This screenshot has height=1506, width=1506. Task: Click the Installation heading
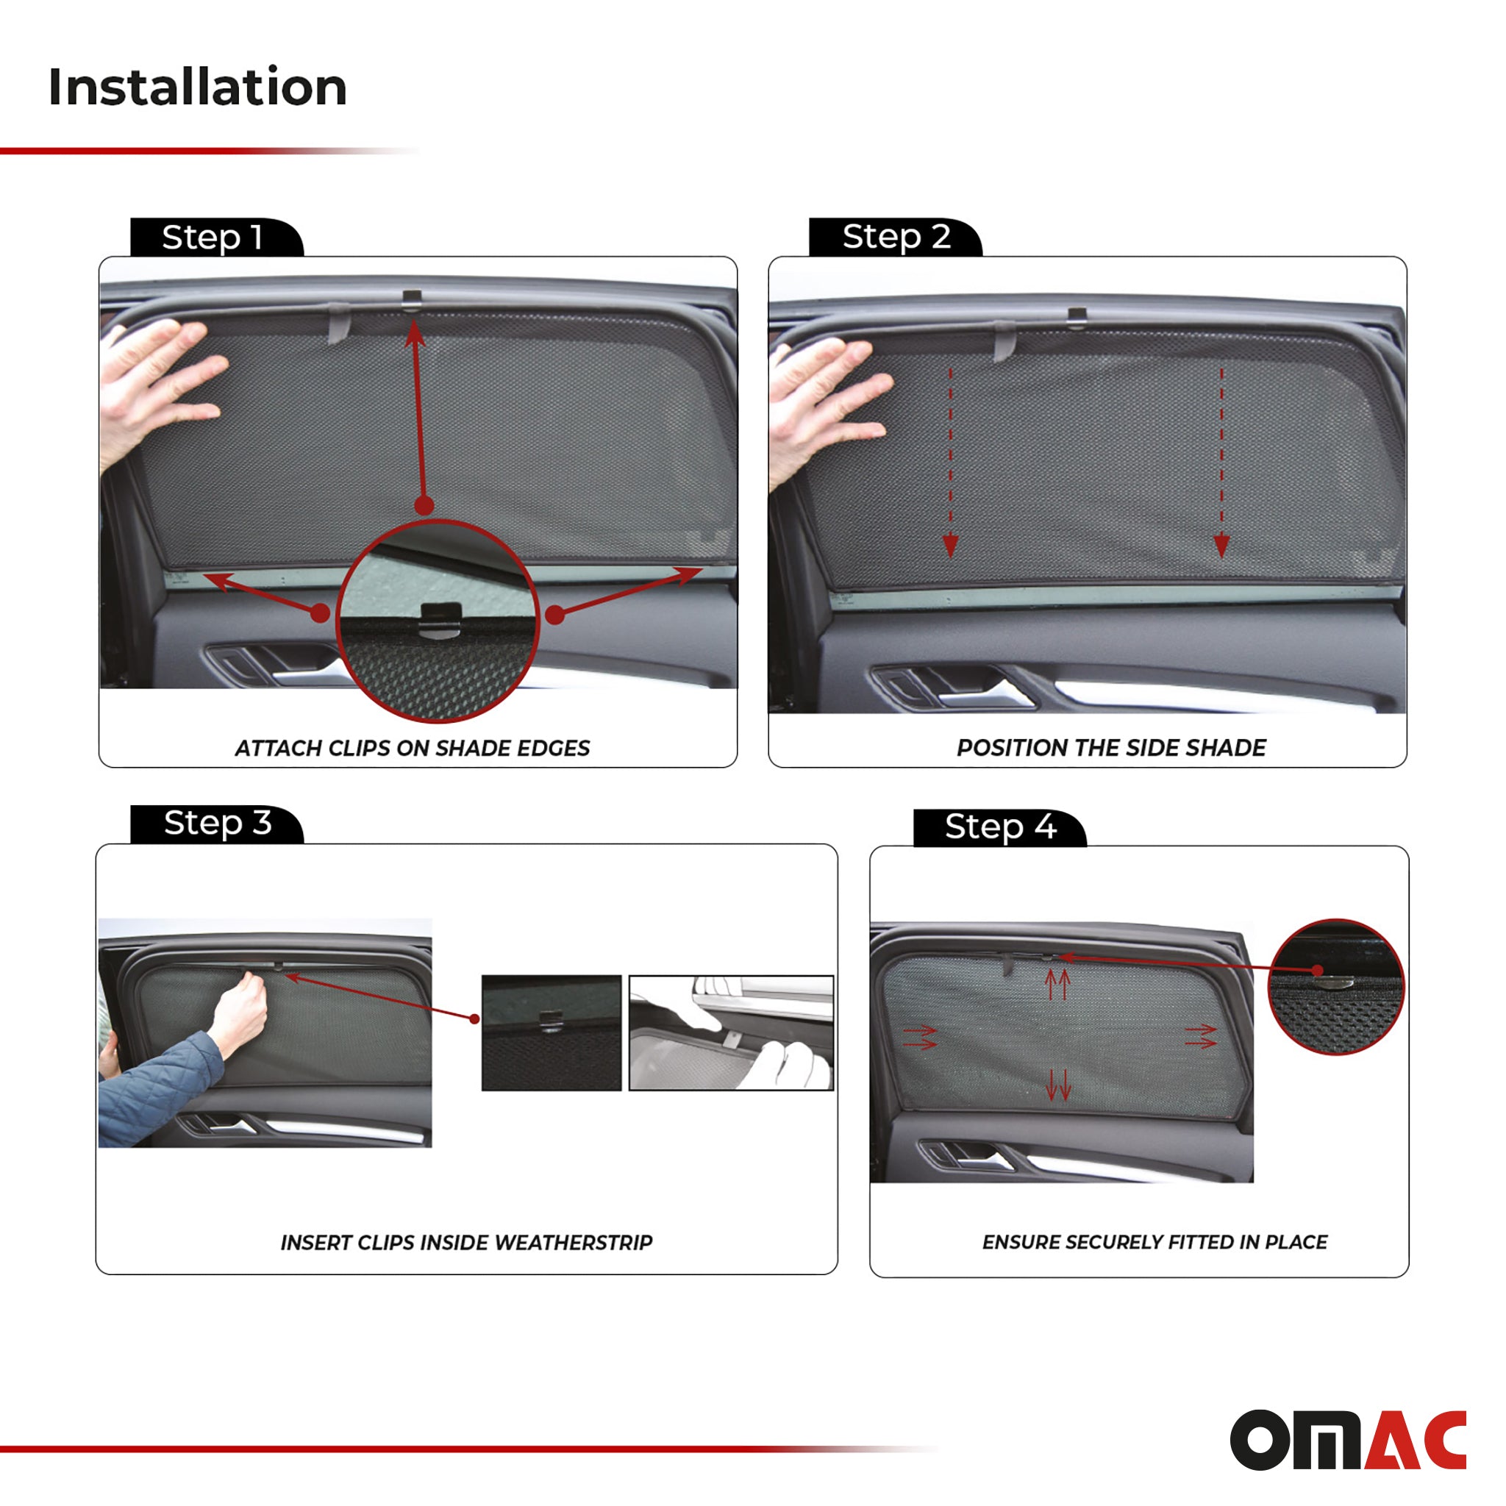click(196, 87)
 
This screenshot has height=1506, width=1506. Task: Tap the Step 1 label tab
click(212, 237)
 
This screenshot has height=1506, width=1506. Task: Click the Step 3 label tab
click(217, 823)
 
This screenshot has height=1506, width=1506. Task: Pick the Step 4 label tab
click(999, 827)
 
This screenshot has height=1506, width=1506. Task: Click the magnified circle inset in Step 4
click(1336, 987)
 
